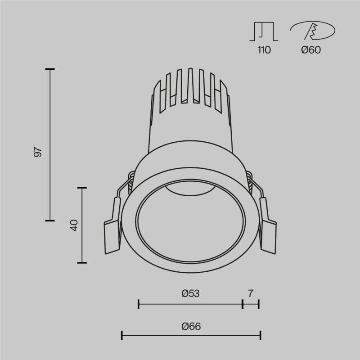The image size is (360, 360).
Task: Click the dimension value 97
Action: pos(39,152)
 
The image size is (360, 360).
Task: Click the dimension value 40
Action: pos(75,225)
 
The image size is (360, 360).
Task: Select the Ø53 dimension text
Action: pos(190,293)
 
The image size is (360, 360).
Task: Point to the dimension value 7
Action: pos(251,293)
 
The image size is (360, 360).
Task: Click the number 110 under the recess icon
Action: pos(264,50)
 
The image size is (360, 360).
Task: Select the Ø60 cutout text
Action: pos(311,50)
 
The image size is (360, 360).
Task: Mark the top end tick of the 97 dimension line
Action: pos(50,69)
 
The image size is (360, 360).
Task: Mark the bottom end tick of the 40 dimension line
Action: pos(82,262)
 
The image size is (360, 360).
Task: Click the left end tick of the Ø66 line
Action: pos(122,335)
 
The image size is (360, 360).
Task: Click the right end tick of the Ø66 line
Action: pos(261,335)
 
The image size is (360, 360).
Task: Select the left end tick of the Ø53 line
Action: pos(139,305)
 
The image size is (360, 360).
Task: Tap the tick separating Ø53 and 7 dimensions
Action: pos(243,305)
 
